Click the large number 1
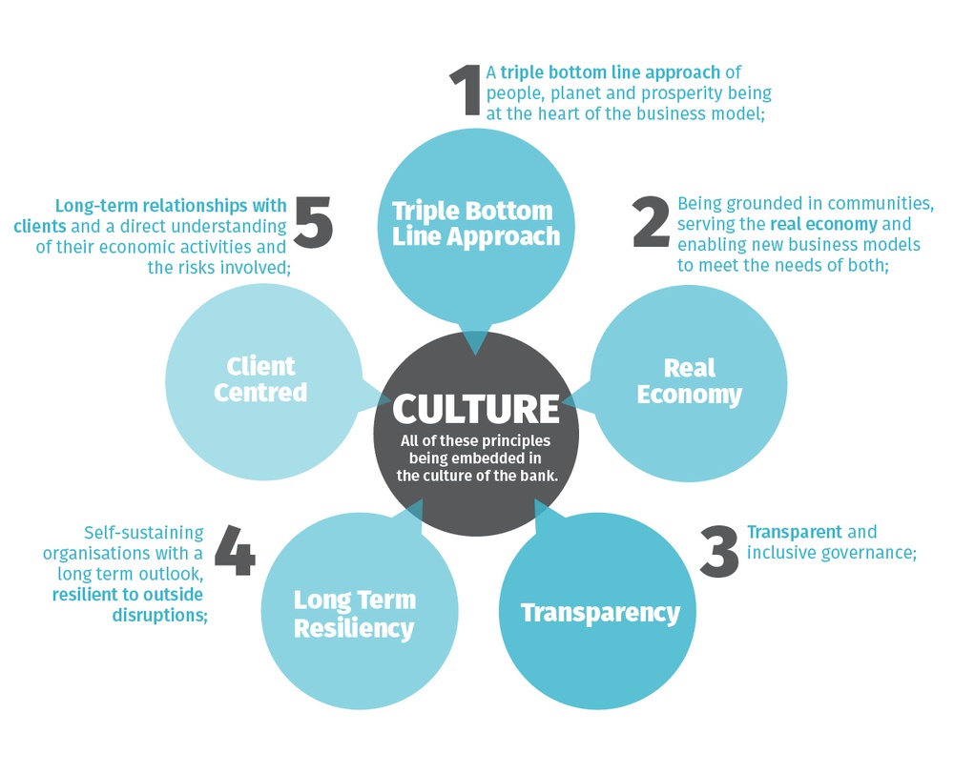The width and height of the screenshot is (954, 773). tap(466, 91)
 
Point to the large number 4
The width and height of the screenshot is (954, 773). tap(235, 550)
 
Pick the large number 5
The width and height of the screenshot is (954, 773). tap(314, 222)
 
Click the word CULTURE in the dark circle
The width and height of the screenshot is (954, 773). tap(476, 408)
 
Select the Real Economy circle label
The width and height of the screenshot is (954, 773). tap(689, 381)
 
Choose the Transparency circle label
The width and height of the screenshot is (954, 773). tap(600, 612)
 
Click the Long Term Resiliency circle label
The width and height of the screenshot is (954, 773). tap(354, 614)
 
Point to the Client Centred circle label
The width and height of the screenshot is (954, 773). tap(260, 378)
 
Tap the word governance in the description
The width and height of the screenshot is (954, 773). tap(871, 552)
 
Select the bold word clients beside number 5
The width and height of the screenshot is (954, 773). tap(40, 227)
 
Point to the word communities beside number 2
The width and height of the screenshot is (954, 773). tap(882, 203)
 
